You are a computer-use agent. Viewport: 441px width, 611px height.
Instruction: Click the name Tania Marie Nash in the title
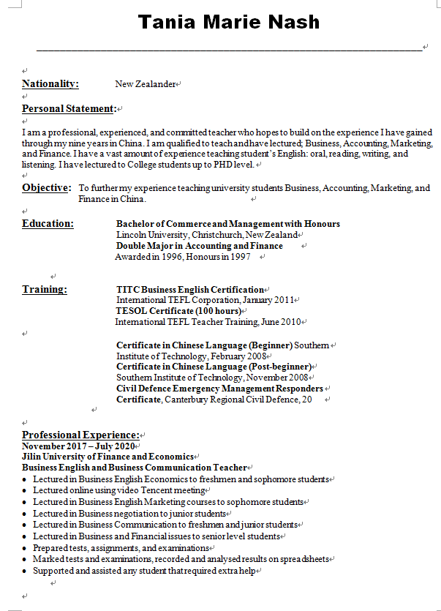(229, 22)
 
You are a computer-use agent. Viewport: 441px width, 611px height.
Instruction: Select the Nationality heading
(50, 84)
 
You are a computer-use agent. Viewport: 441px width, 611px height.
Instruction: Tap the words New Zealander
(146, 84)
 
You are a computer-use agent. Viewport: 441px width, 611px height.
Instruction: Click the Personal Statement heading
(69, 109)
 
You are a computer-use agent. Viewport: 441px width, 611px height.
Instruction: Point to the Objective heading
(45, 188)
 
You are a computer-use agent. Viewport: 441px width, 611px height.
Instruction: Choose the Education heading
(48, 224)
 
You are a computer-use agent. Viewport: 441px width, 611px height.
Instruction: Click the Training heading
(45, 290)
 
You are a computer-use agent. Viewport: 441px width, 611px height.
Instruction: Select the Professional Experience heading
(80, 435)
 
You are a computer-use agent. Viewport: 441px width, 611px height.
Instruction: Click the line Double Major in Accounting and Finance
(199, 246)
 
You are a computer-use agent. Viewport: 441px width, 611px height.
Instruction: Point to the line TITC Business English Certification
(189, 290)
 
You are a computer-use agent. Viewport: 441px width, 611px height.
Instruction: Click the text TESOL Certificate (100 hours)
(178, 311)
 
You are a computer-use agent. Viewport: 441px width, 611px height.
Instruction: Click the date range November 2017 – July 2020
(78, 446)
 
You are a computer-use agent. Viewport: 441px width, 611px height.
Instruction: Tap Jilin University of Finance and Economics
(108, 457)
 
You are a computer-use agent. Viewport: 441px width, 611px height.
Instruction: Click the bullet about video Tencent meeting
(118, 490)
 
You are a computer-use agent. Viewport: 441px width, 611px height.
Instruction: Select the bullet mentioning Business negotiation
(129, 514)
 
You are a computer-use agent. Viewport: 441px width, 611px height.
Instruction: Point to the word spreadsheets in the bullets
(306, 559)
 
